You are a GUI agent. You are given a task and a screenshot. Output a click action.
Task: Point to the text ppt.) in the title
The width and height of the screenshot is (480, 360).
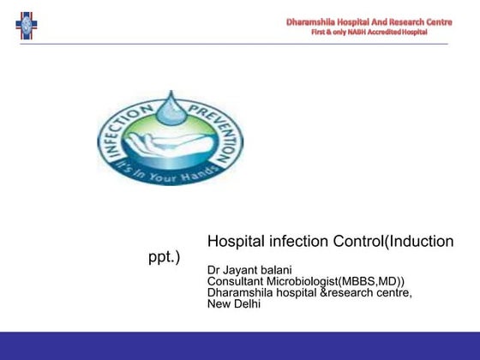(x=165, y=258)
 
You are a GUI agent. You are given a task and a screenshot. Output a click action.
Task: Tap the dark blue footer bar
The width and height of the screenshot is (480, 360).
(x=240, y=345)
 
